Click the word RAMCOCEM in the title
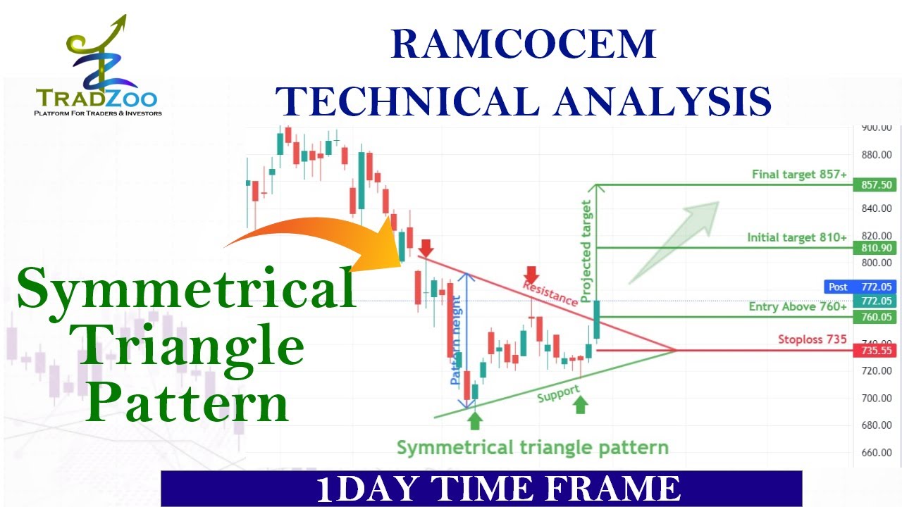pyautogui.click(x=523, y=45)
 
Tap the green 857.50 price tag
pyautogui.click(x=872, y=185)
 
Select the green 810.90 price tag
pyautogui.click(x=872, y=248)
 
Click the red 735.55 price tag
pyautogui.click(x=872, y=350)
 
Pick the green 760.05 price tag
pyautogui.click(x=872, y=317)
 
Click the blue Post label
pyautogui.click(x=839, y=287)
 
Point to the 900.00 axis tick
pyautogui.click(x=877, y=127)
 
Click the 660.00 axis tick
pyautogui.click(x=877, y=452)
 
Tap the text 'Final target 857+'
pyautogui.click(x=799, y=174)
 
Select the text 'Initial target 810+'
pyautogui.click(x=797, y=238)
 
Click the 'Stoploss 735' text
pyautogui.click(x=812, y=339)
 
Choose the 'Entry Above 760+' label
pyautogui.click(x=798, y=306)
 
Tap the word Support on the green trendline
pyautogui.click(x=558, y=394)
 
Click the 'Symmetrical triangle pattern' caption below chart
pyautogui.click(x=532, y=447)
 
